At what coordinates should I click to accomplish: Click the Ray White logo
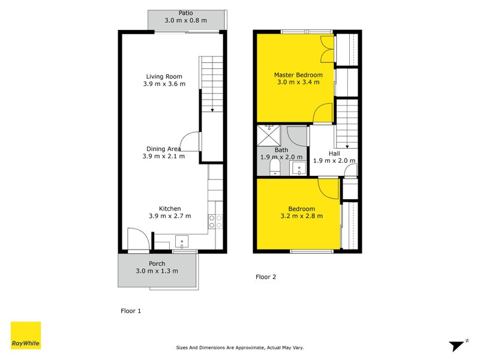click(x=26, y=335)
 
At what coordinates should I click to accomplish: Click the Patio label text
click(x=185, y=13)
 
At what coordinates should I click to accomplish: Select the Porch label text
click(x=157, y=263)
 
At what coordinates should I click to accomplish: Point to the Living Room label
click(x=164, y=76)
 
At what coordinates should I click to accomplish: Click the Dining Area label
click(x=164, y=149)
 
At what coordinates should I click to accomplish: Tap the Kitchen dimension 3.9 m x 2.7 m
click(x=170, y=216)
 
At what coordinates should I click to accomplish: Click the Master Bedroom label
click(x=298, y=75)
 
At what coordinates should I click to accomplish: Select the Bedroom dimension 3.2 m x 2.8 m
click(x=302, y=216)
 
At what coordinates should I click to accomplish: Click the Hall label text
click(x=334, y=153)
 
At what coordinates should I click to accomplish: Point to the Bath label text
click(x=281, y=150)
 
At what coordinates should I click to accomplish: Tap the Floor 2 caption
click(x=266, y=277)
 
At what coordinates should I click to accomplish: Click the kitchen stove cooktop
click(x=215, y=221)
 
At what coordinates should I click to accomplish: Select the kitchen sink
click(x=182, y=242)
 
